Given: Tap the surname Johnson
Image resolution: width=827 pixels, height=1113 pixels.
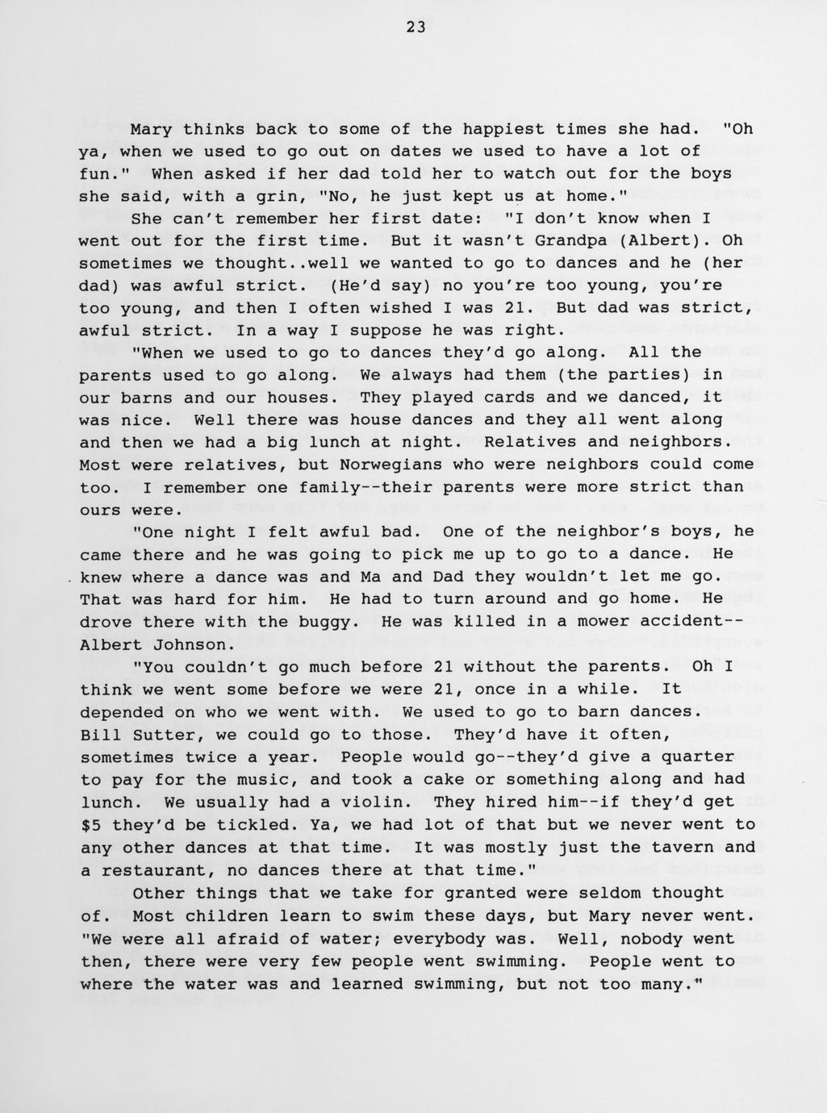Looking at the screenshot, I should point(190,644).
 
